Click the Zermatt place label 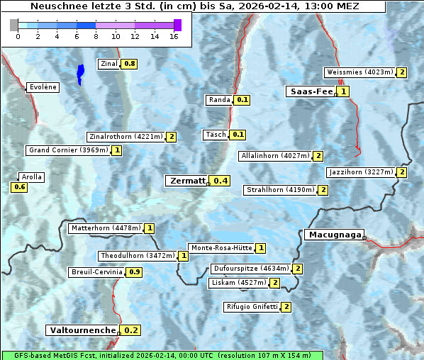[x=188, y=181]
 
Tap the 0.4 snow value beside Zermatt [x=221, y=181]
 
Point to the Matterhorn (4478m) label [x=106, y=228]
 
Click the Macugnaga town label [x=333, y=235]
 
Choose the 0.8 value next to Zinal [x=129, y=64]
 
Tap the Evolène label [x=43, y=87]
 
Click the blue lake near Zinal [x=80, y=73]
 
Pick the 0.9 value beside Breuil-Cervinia [x=134, y=272]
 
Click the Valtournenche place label [x=82, y=330]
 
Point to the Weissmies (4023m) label [x=359, y=72]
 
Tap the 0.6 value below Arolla [x=19, y=187]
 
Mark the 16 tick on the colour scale [x=174, y=36]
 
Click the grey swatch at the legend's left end [x=14, y=25]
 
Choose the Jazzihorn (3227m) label [x=361, y=172]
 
